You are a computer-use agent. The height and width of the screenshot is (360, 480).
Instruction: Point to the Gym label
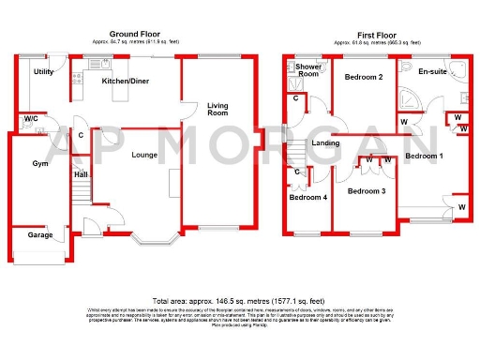pyautogui.click(x=39, y=164)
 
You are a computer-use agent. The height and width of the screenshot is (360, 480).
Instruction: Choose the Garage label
pyautogui.click(x=39, y=234)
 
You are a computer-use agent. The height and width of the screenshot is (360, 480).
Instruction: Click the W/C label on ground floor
pyautogui.click(x=31, y=119)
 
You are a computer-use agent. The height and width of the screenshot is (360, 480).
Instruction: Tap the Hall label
pyautogui.click(x=81, y=174)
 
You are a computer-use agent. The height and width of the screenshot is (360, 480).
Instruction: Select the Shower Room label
pyautogui.click(x=308, y=71)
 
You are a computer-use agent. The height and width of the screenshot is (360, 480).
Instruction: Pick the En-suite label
pyautogui.click(x=431, y=71)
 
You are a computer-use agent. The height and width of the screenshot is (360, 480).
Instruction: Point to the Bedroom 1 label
pyautogui.click(x=423, y=156)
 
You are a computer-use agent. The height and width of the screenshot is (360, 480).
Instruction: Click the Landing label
pyautogui.click(x=325, y=142)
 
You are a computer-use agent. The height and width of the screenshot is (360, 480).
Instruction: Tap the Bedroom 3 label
pyautogui.click(x=366, y=191)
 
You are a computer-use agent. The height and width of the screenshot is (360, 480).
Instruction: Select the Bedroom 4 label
pyautogui.click(x=307, y=198)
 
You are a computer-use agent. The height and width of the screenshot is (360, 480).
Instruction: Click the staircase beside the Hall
pyautogui.click(x=81, y=197)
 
